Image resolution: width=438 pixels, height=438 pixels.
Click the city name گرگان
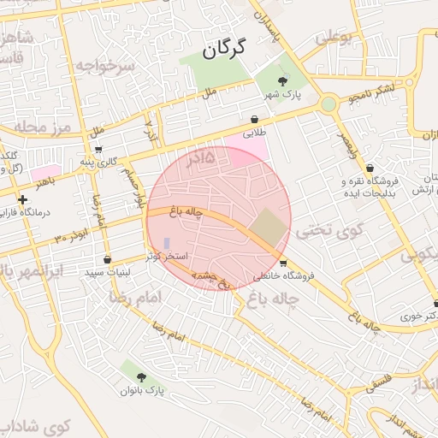[x=224, y=48]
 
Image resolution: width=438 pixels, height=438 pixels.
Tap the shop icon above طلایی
[x=255, y=120]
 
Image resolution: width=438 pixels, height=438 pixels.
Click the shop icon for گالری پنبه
[x=98, y=149]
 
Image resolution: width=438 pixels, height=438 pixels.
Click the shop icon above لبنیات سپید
[x=107, y=259]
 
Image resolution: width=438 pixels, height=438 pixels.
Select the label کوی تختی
[x=328, y=230]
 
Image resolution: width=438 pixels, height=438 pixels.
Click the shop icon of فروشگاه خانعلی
[x=283, y=263]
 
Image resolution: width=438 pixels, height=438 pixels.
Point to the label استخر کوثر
[x=167, y=257]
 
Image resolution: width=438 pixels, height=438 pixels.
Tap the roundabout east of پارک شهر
[x=328, y=104]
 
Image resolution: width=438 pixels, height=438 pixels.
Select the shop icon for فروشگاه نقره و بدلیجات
[x=370, y=168]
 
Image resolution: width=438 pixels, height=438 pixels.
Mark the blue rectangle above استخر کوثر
[x=167, y=244]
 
